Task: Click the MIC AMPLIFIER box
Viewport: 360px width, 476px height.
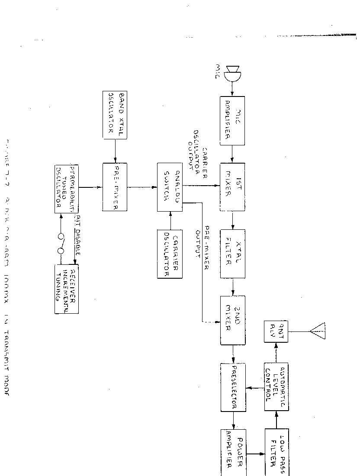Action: coord(232,121)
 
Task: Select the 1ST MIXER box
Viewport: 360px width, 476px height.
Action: coord(232,187)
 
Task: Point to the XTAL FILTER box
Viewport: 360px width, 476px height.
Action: coord(232,254)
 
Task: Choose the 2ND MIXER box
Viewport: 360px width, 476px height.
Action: coord(233,320)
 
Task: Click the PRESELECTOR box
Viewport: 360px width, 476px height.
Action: coord(233,387)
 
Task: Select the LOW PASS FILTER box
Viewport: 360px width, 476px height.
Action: coord(276,452)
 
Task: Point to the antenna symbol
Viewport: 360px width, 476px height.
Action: coord(318,331)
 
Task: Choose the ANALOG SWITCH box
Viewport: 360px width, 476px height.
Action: coord(170,187)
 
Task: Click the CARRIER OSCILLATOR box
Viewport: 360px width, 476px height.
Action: coord(170,254)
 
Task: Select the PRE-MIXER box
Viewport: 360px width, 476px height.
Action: coord(115,187)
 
